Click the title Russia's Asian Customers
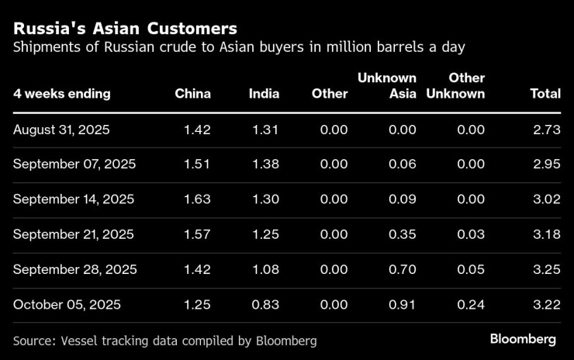125,29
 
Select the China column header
192,94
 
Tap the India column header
264,94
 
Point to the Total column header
545,94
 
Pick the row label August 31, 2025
61,130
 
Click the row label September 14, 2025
74,199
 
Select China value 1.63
197,199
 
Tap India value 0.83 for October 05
265,305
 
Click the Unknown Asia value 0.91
402,305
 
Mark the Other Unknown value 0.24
471,305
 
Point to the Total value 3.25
546,270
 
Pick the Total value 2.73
546,130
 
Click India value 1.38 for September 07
265,164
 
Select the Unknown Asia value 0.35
402,234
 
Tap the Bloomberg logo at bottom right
523,340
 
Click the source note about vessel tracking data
165,341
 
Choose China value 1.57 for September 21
197,234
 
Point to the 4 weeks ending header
62,94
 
